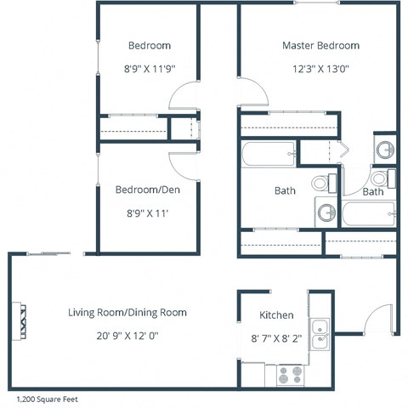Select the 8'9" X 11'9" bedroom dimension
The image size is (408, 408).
[149, 70]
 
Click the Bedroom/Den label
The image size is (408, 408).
[149, 190]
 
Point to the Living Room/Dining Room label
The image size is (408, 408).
[127, 313]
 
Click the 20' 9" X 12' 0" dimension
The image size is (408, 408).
[127, 336]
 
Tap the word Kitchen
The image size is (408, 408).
[276, 314]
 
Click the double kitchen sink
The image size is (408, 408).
[320, 333]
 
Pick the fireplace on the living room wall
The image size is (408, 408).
[19, 321]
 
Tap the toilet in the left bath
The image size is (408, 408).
[321, 182]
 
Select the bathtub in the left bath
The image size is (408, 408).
[269, 155]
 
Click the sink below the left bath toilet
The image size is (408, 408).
[325, 212]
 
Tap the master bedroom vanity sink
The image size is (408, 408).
[385, 150]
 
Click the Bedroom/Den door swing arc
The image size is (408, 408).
[184, 164]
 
